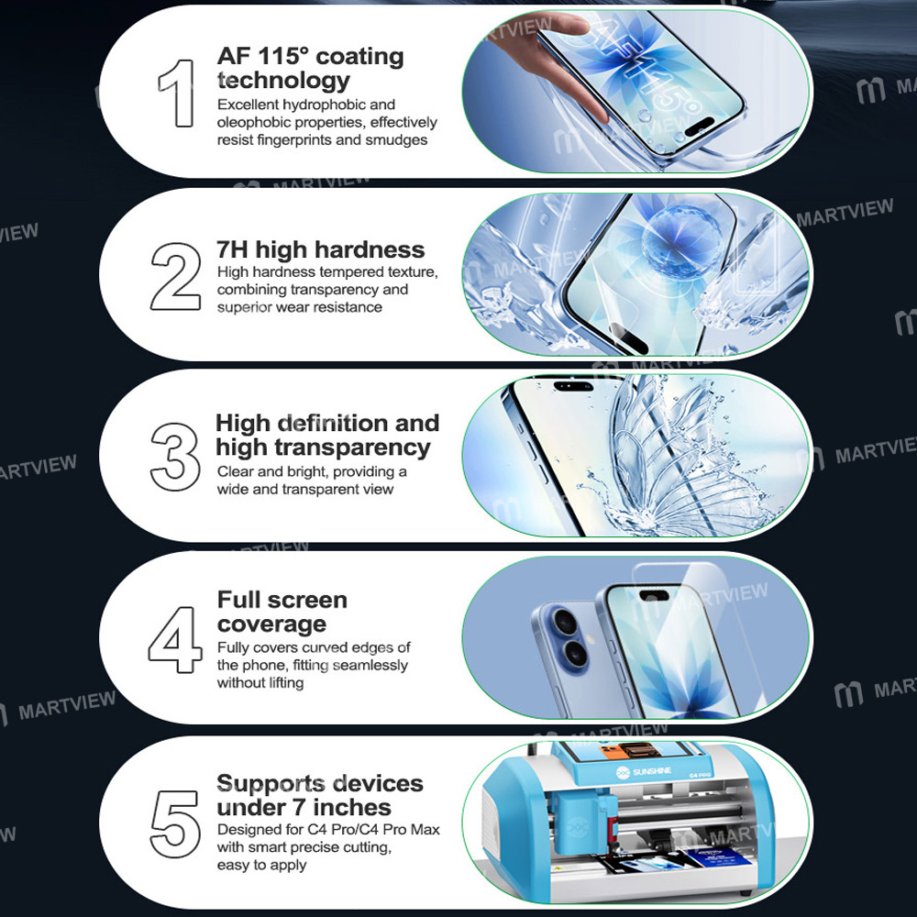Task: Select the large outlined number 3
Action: (x=175, y=457)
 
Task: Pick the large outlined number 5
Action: (x=174, y=824)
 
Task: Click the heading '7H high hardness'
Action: (x=320, y=250)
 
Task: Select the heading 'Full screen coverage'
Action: (x=282, y=612)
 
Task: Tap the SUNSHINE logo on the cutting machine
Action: (x=644, y=772)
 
